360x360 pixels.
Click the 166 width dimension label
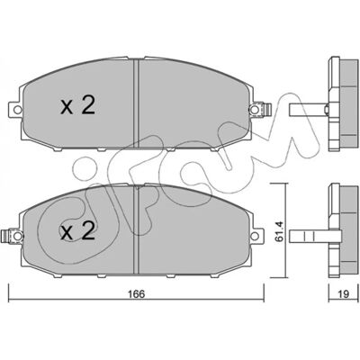137,294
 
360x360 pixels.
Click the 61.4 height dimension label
280,230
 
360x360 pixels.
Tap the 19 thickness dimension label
344,294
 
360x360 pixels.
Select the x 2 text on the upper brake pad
77,105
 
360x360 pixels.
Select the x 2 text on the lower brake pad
77,231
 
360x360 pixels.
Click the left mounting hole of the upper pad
18,110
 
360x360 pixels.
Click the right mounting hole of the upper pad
255,110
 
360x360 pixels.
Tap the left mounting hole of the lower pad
18,236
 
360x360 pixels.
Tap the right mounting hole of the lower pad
255,236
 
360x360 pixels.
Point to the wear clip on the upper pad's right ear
266,109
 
